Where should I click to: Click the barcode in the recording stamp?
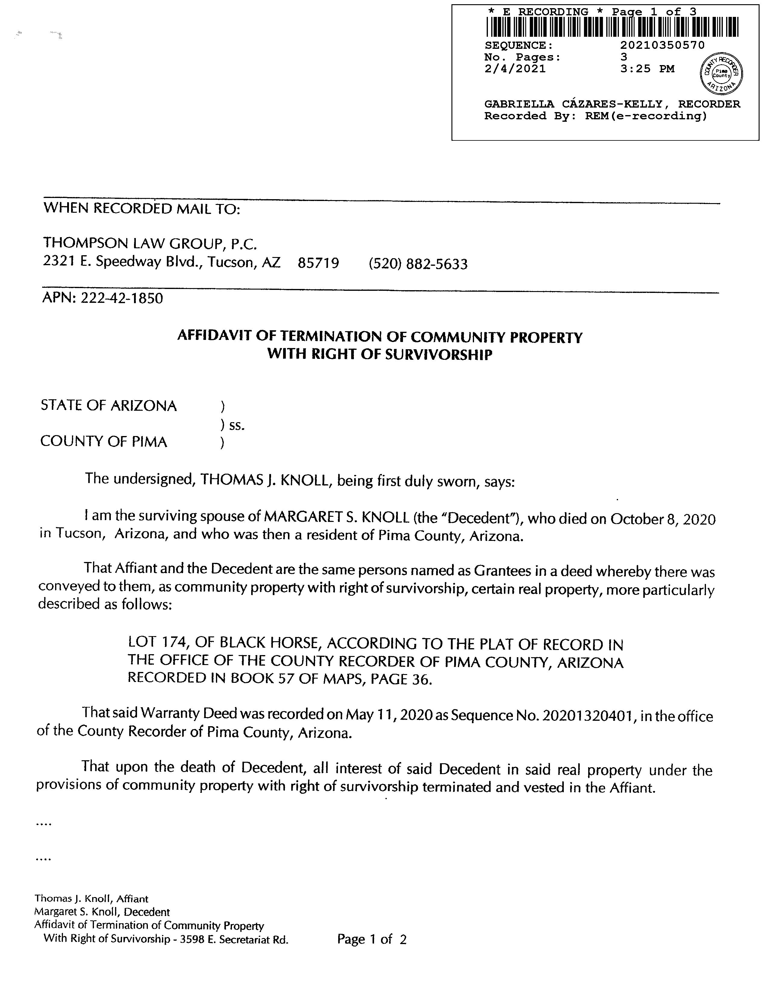click(x=612, y=27)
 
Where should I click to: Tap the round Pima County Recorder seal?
click(x=721, y=73)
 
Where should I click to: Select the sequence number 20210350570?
click(x=662, y=45)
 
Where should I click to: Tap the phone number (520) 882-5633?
click(x=418, y=264)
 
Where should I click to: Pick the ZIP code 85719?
click(x=318, y=263)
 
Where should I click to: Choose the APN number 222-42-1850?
click(x=121, y=298)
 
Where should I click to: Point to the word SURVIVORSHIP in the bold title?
click(x=439, y=355)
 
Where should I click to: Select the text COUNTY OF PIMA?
click(x=104, y=442)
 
